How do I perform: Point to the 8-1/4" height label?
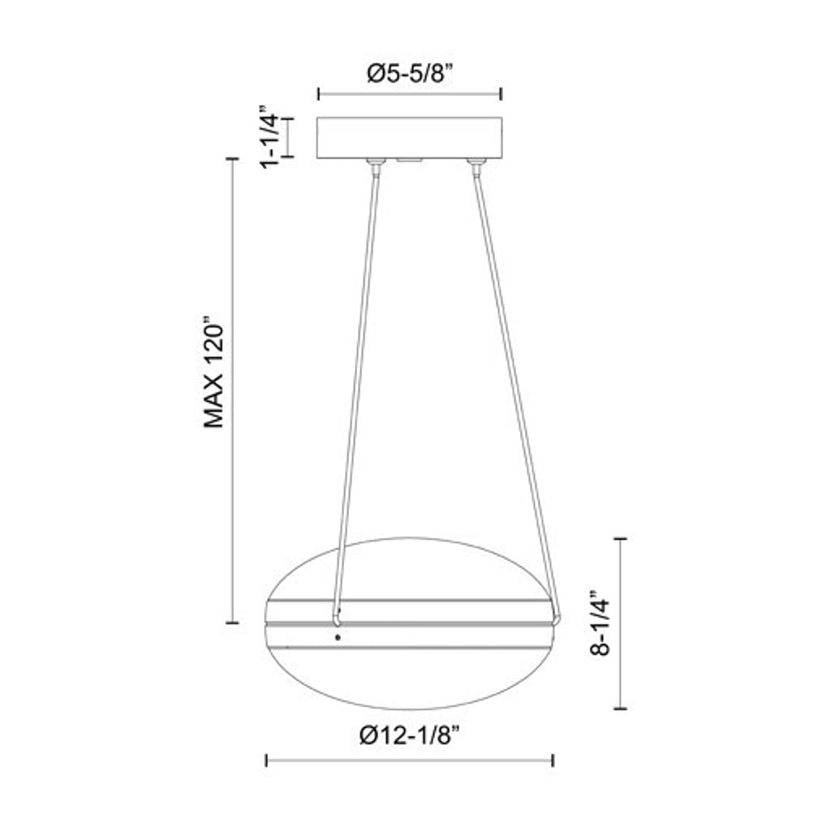pos(601,623)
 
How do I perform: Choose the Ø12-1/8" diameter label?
pos(409,735)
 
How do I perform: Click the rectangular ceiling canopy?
pos(409,137)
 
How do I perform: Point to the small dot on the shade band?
pos(337,637)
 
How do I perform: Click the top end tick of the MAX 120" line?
pos(232,159)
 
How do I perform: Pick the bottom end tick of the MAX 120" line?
pos(232,622)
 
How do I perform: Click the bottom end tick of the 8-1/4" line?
pos(620,709)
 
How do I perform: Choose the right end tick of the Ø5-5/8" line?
pos(501,94)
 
